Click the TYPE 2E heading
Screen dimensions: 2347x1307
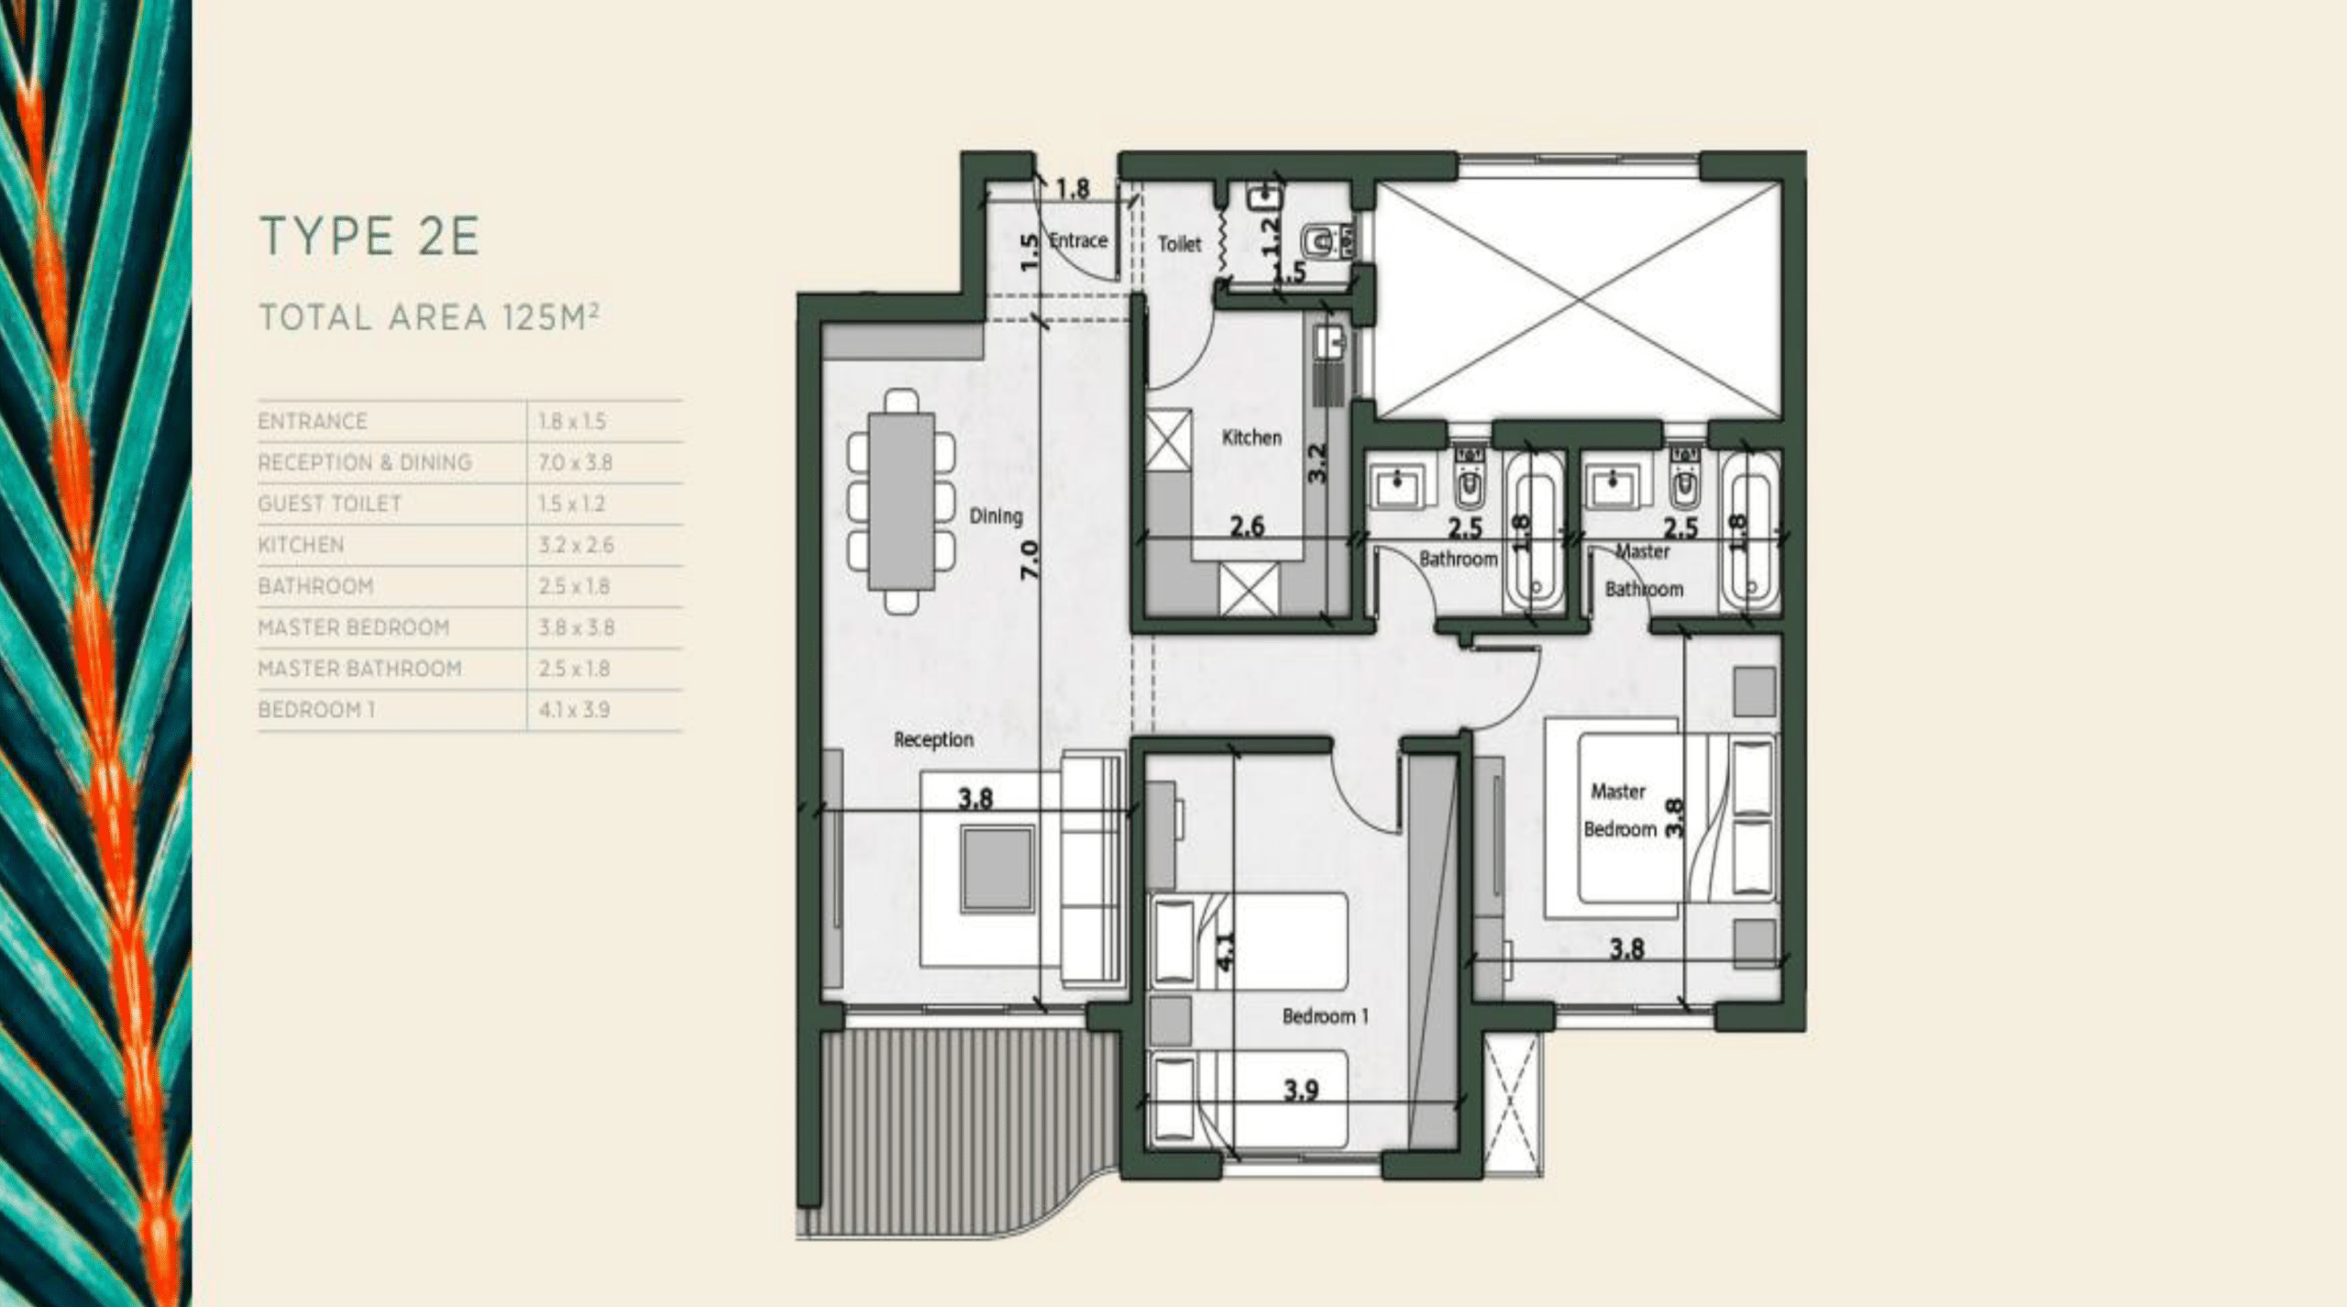click(x=369, y=236)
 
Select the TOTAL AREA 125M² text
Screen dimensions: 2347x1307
click(x=429, y=316)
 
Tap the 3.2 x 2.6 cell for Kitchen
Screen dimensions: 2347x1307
click(x=576, y=545)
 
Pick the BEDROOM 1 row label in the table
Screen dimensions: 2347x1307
click(x=316, y=710)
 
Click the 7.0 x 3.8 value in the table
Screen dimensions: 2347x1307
click(x=575, y=462)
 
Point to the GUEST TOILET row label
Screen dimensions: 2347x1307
click(x=330, y=504)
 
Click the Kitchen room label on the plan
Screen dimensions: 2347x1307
click(x=1251, y=438)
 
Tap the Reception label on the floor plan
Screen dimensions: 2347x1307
click(x=933, y=739)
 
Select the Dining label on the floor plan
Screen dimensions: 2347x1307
click(x=996, y=515)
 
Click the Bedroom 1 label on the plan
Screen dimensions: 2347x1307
click(x=1325, y=1016)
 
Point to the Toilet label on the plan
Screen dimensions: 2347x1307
click(x=1179, y=244)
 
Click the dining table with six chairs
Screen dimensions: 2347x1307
click(x=901, y=501)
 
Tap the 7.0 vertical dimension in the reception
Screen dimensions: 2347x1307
click(x=1030, y=559)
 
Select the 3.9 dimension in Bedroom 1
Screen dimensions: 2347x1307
click(x=1301, y=1090)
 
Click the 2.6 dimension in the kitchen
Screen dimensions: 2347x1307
click(x=1247, y=526)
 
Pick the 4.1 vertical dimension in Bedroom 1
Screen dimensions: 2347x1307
click(x=1225, y=951)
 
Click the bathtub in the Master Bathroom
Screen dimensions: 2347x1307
click(x=1750, y=531)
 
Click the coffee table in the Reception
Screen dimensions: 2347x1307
click(x=997, y=868)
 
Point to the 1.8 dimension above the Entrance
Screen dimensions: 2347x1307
click(x=1072, y=189)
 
